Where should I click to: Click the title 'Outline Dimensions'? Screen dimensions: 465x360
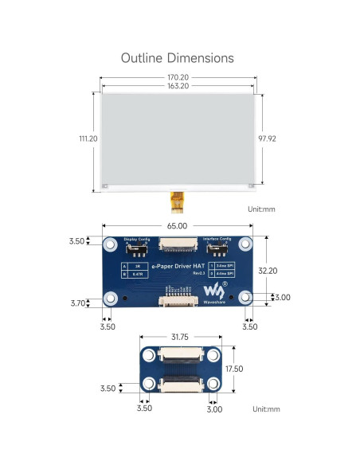[177, 58]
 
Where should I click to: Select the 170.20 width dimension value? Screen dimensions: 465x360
[178, 78]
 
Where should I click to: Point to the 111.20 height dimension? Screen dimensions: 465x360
[88, 138]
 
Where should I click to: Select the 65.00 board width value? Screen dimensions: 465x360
[177, 226]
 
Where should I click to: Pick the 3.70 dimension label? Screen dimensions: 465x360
[76, 303]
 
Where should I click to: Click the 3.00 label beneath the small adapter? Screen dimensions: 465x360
[214, 408]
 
